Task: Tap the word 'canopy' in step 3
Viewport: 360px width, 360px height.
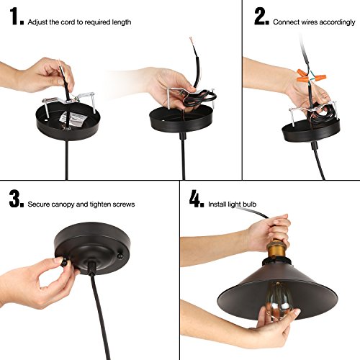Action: (63, 204)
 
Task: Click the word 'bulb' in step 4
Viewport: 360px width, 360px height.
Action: (249, 204)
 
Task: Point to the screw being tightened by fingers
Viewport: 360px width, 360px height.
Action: (64, 261)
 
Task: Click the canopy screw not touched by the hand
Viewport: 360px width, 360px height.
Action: (120, 256)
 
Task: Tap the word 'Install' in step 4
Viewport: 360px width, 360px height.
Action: (217, 204)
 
